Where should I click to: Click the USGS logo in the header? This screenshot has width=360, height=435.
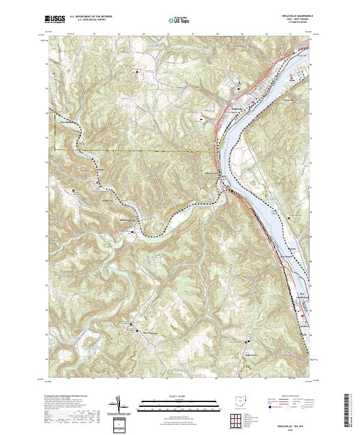point(55,19)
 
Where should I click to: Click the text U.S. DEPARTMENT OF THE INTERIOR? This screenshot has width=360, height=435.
point(91,17)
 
